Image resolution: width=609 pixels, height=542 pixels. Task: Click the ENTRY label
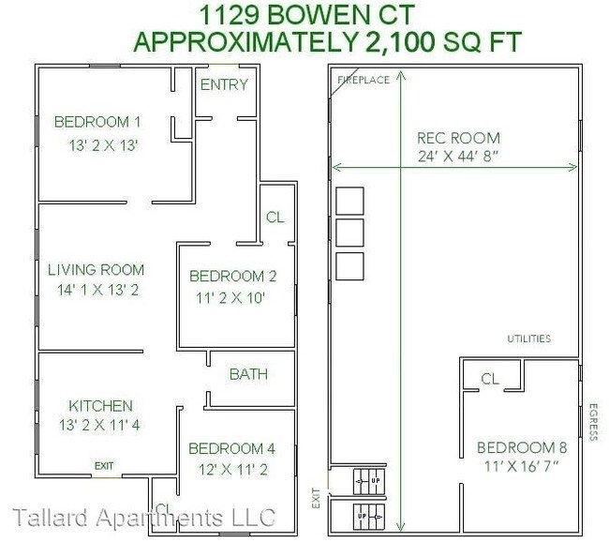coord(225,84)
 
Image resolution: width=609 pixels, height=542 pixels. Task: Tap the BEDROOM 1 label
coord(97,122)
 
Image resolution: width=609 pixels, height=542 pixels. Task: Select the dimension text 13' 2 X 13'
coord(104,145)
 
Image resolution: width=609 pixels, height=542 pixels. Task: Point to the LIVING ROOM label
coord(97,270)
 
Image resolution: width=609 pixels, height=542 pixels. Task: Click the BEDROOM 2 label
coord(233,276)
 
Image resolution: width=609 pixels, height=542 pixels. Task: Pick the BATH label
coord(248,374)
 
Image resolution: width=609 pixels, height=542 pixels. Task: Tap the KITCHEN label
coord(100,406)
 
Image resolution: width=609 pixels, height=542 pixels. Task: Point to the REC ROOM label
coord(458,138)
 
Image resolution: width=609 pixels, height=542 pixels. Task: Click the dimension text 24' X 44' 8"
coord(458,157)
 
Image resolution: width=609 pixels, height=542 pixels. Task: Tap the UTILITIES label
coord(528,339)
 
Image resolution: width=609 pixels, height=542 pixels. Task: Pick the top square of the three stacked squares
coord(349,200)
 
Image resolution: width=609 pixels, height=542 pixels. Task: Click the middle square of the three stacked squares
coord(349,232)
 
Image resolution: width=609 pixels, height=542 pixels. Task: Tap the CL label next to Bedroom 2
coord(275,218)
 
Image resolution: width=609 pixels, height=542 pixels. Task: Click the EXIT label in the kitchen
coord(104,465)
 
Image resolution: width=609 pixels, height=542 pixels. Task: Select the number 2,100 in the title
coord(406,42)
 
